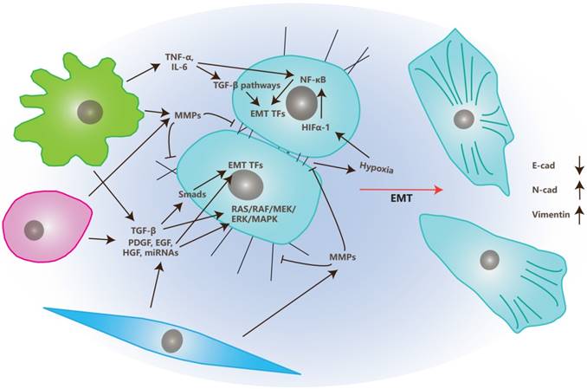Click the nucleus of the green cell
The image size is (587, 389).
[87, 112]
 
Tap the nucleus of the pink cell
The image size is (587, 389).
[35, 230]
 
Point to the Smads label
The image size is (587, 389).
[192, 195]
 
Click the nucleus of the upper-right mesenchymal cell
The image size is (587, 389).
[465, 120]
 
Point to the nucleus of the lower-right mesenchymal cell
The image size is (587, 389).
[490, 260]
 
